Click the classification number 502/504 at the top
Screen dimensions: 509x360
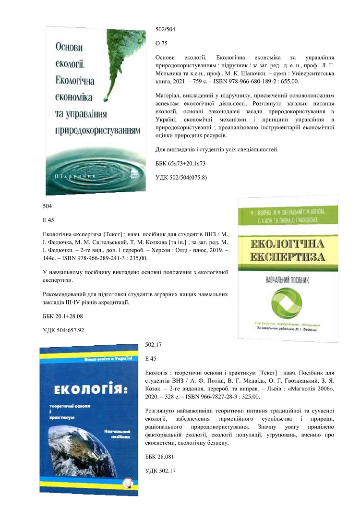click(166, 30)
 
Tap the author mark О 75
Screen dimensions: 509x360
click(162, 43)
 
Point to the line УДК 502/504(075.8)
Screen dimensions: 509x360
click(181, 178)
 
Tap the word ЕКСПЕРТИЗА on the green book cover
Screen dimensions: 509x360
click(288, 257)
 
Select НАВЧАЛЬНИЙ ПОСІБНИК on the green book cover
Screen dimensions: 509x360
click(288, 278)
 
